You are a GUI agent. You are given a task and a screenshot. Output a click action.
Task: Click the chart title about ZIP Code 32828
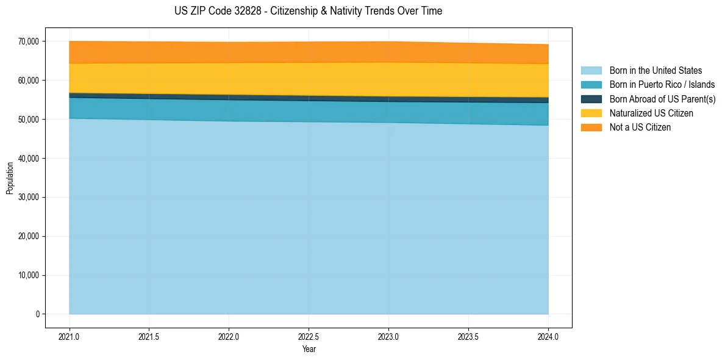click(308, 11)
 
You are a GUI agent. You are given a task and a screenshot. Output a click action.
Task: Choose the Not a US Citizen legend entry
click(640, 128)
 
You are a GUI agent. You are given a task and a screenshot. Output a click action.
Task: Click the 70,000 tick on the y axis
click(29, 41)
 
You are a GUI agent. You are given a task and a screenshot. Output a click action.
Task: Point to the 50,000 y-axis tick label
click(29, 120)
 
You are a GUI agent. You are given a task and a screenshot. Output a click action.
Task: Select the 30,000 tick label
click(29, 197)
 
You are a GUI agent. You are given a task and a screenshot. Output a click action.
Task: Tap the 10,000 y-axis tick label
click(29, 275)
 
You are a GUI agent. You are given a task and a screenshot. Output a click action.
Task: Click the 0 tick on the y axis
click(37, 314)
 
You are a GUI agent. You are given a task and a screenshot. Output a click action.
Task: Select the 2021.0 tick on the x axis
click(69, 337)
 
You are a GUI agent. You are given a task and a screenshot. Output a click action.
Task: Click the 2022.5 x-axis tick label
click(309, 337)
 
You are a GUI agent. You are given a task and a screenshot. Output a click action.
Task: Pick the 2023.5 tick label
click(468, 337)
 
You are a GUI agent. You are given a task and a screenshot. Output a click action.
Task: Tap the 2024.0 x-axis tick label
click(548, 337)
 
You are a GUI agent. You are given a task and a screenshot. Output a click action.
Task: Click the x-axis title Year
click(309, 349)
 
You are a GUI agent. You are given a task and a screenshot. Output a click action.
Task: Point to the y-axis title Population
click(10, 178)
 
